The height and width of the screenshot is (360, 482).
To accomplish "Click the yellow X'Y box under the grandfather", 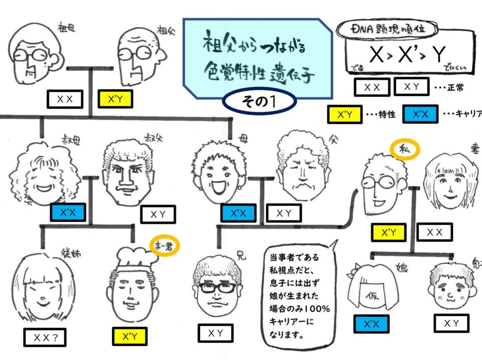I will (115, 99).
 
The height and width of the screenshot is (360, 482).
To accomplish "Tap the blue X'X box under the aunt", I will (68, 213).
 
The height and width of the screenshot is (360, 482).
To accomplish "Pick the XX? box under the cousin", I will (45, 337).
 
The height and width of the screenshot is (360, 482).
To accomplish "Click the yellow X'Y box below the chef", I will (129, 336).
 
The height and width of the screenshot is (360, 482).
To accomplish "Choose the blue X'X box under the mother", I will (239, 213).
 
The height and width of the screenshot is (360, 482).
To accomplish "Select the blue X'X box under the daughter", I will (371, 323).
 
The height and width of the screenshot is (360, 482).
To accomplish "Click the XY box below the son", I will (451, 323).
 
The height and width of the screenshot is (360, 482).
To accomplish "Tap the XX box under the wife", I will (434, 232).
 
